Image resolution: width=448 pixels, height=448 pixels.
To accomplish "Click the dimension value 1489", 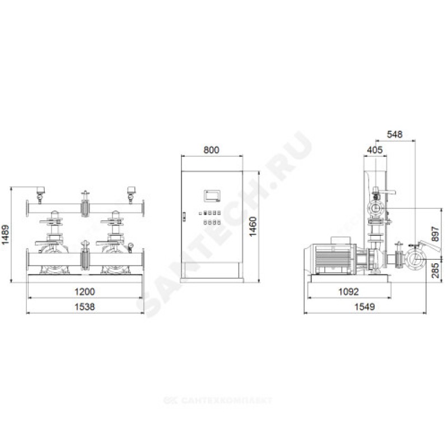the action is pos(6,234).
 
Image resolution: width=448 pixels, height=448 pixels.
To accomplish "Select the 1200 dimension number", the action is pos(85,292).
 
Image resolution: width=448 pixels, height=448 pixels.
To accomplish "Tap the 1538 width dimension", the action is pos(85,307).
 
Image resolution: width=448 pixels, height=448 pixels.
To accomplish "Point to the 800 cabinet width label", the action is pos(212,150).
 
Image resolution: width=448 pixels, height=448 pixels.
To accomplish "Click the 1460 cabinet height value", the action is pos(253,227).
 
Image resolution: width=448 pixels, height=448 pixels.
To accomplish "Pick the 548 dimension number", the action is pos(395,134).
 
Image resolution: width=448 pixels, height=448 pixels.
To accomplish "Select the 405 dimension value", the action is pos(375,150).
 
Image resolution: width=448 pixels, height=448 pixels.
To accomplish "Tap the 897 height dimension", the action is pos(435,234).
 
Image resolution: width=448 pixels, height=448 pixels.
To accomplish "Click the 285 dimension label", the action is pos(435,270).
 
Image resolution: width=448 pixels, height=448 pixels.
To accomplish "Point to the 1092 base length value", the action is pos(348,292).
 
